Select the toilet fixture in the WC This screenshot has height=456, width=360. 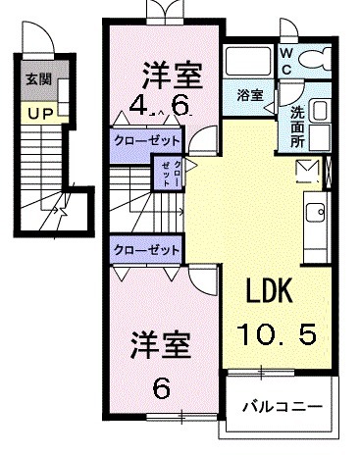(316, 60)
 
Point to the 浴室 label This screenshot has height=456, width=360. (250, 95)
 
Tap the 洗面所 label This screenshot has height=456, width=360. (297, 125)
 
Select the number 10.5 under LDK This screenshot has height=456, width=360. (275, 335)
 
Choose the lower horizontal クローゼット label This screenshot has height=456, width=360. (146, 249)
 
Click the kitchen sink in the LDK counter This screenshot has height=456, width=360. (319, 212)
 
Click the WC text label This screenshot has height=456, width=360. (286, 62)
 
